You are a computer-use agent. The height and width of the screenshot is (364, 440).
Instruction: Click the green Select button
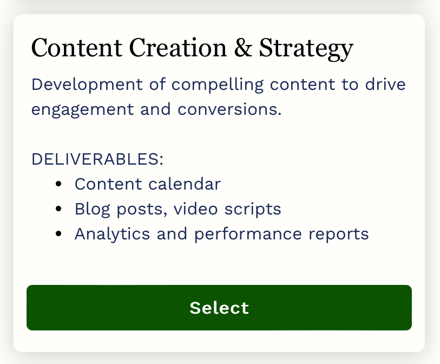coord(219,308)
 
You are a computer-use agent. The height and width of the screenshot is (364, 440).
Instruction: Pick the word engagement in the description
coord(82,110)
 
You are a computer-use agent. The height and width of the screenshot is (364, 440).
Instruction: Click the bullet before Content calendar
coord(58,184)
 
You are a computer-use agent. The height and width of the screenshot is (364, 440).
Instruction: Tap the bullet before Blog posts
coord(58,209)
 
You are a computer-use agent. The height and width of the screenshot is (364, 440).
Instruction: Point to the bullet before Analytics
coord(58,234)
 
